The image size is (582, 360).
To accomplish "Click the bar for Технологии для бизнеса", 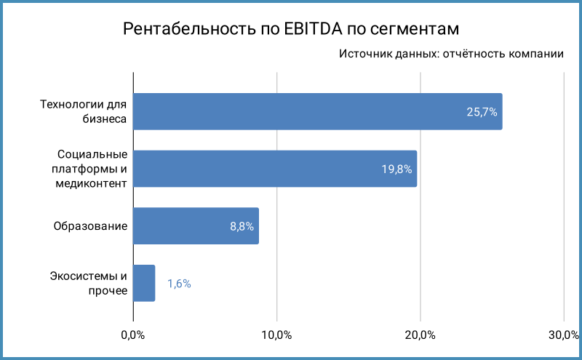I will point(317,112).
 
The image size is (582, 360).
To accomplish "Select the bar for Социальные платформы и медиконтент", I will point(274,169).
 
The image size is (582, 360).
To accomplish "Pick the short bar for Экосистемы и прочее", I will point(144,283).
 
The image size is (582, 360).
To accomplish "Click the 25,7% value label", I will point(482,112).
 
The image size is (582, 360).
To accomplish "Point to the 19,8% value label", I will point(396,169).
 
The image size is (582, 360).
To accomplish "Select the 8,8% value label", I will point(242,226).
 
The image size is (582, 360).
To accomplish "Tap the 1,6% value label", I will point(179,284).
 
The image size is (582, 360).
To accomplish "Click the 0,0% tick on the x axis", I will point(132,335).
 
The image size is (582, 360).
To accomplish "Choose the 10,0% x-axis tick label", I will point(276,335).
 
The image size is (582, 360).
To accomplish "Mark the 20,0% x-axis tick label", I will point(420,335).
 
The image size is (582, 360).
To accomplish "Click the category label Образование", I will point(91,226).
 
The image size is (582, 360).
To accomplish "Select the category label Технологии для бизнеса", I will point(84,112).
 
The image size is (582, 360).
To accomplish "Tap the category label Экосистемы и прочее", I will point(89,283).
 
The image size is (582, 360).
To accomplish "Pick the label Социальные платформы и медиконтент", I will point(91,169).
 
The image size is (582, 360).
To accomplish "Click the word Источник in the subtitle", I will point(364,55).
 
